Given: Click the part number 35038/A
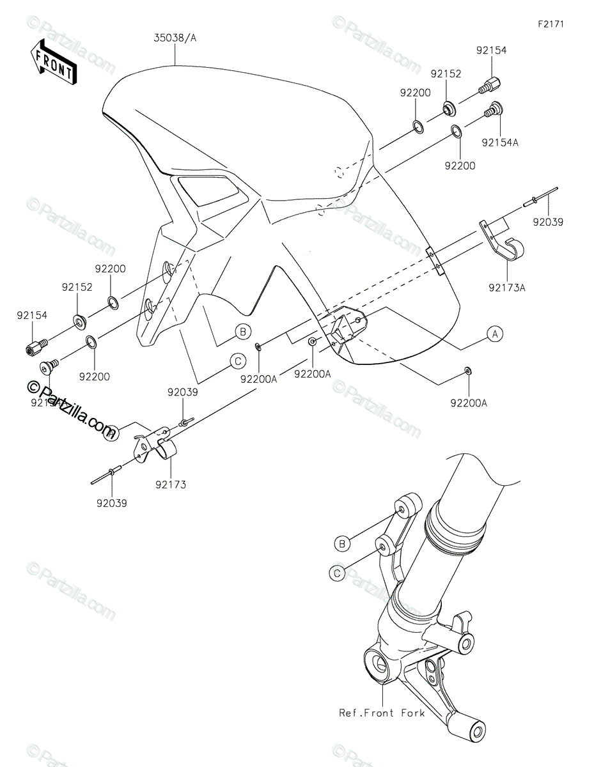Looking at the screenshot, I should pos(175,38).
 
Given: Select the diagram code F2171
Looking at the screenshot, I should pos(551,24).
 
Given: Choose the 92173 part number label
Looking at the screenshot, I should pos(170,485).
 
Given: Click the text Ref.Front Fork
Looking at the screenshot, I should pos(382,713).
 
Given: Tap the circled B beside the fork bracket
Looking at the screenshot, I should pos(342,543).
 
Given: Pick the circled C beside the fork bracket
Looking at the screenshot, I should pos(337,573).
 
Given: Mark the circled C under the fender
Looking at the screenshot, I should pos(237,361).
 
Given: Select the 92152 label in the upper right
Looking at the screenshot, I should pos(446,74).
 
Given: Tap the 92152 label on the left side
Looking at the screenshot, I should pos(77,288).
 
